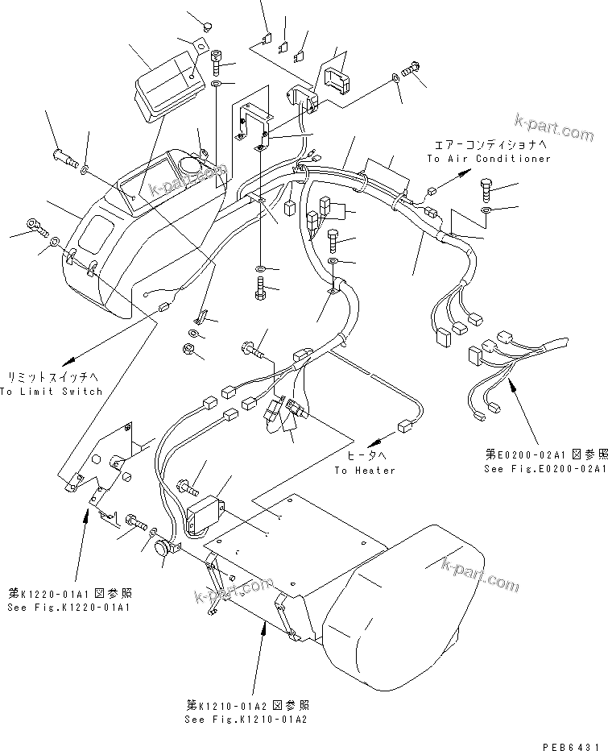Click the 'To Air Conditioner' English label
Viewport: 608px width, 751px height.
point(489,159)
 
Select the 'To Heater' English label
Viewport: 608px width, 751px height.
point(366,471)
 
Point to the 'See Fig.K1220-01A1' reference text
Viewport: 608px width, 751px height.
point(68,608)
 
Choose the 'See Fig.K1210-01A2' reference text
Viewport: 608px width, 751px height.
point(246,719)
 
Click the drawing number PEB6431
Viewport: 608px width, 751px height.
point(575,743)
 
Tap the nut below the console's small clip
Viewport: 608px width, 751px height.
point(184,349)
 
